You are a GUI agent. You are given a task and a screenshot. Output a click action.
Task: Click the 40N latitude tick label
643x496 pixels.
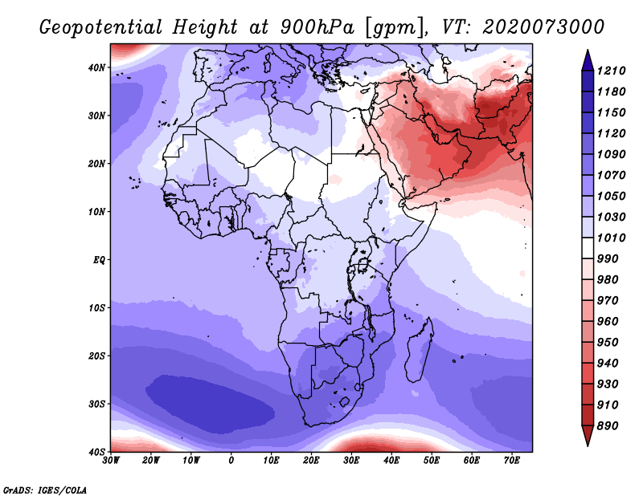(96, 67)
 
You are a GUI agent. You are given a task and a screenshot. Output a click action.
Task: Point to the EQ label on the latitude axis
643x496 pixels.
(99, 260)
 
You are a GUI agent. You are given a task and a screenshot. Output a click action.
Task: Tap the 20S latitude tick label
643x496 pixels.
(96, 356)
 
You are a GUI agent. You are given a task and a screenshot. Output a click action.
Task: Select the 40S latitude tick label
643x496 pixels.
(96, 452)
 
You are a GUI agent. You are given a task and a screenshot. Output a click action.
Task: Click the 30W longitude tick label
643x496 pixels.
(111, 461)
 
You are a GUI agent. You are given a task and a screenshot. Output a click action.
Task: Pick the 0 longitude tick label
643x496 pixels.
(231, 461)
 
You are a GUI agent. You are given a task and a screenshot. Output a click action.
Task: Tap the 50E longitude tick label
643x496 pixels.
(432, 461)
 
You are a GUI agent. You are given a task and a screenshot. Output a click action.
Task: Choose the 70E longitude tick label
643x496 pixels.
(512, 461)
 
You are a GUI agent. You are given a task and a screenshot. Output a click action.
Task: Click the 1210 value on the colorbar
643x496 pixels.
(611, 71)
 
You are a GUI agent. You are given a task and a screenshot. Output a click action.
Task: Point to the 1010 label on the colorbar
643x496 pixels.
(611, 238)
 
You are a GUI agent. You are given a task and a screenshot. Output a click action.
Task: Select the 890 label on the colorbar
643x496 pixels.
(608, 426)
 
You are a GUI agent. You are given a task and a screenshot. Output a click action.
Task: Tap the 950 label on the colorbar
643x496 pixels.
(608, 343)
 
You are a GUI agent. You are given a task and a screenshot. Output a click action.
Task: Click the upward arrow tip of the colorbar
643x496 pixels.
(588, 51)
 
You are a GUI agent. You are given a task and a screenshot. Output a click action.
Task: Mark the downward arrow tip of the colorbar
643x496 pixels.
(588, 445)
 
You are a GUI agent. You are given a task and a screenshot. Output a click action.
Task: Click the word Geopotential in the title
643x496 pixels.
(101, 27)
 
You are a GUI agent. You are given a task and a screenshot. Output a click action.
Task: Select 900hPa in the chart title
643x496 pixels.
(317, 27)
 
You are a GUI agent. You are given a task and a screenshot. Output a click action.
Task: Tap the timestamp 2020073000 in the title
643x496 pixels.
(543, 27)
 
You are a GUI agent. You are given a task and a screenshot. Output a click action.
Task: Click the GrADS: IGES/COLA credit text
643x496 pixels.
(45, 490)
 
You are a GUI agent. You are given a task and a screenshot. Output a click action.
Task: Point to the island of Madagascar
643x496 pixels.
(420, 350)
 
